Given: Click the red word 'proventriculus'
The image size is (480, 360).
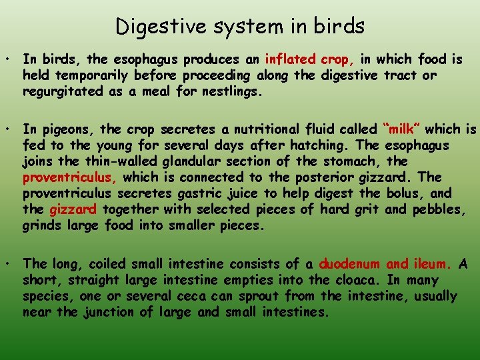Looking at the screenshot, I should pyautogui.click(x=70, y=177).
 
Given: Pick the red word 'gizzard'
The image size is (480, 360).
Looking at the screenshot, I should pyautogui.click(x=73, y=209).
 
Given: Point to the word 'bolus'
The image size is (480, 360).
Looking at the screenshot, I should pyautogui.click(x=404, y=193).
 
